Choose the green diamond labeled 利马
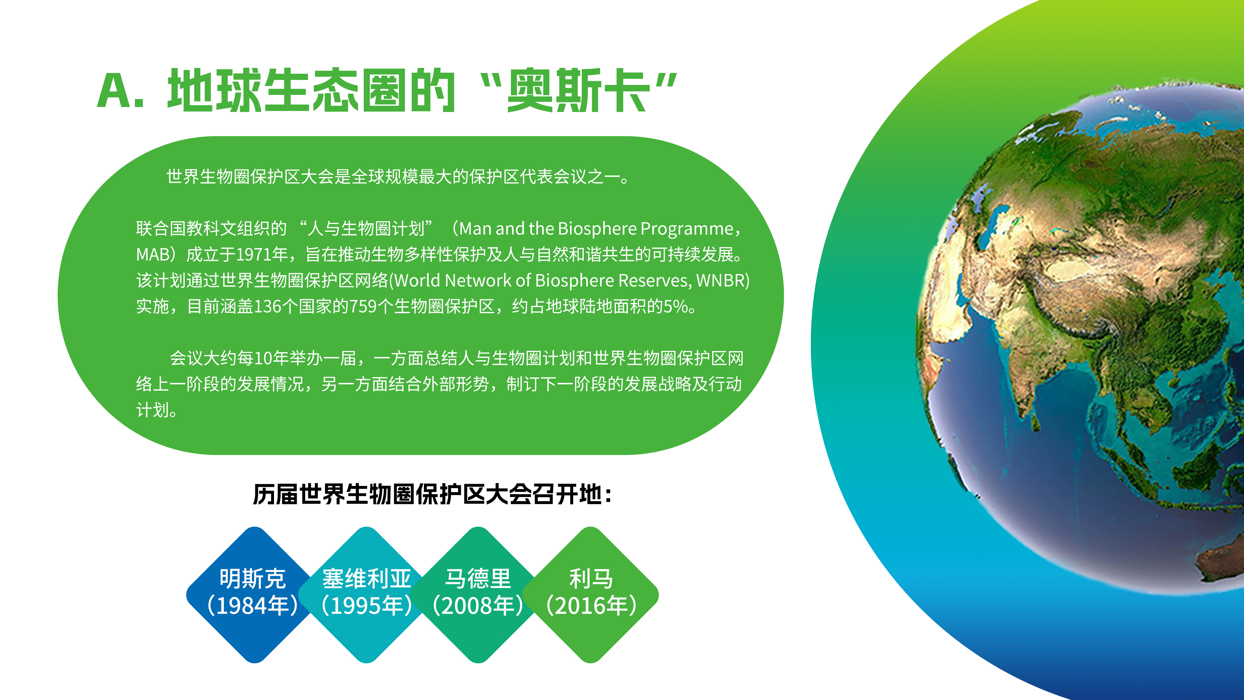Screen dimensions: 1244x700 (x=591, y=595)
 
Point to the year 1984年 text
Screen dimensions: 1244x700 (x=253, y=606)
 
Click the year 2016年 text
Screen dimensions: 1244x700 (x=591, y=606)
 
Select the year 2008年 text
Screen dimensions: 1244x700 (x=478, y=606)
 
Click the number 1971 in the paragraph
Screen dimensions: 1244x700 (x=254, y=254)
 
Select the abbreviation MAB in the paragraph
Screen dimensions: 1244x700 (x=153, y=254)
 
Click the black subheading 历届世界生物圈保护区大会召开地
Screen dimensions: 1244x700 (x=427, y=495)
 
